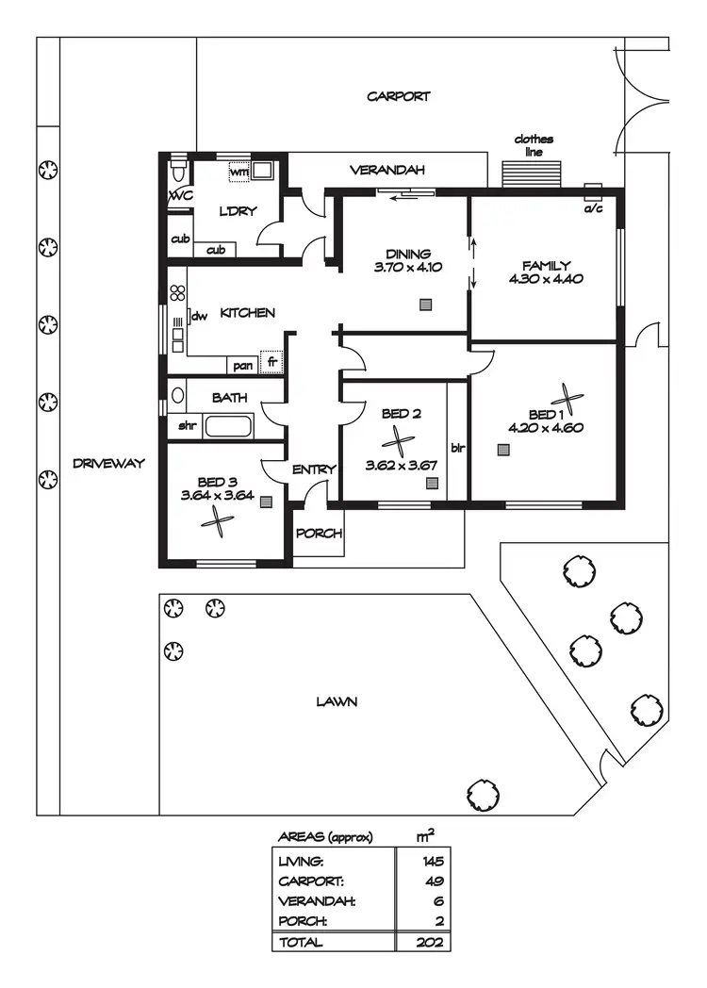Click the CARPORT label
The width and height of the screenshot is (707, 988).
tap(398, 96)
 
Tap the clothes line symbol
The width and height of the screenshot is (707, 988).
tap(534, 173)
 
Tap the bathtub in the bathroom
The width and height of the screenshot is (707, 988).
tap(228, 425)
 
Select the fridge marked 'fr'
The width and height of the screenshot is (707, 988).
tap(271, 363)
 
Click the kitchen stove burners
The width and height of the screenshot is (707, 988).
tap(176, 292)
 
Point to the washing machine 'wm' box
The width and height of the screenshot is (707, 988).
tap(239, 173)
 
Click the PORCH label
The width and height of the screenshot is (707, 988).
tap(318, 534)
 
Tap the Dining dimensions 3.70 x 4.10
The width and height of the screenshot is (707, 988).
tap(408, 267)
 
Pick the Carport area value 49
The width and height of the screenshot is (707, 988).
tap(433, 881)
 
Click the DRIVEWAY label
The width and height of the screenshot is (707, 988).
tap(109, 463)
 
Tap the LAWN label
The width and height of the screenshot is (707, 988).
tap(337, 701)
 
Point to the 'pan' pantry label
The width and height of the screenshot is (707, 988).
tap(242, 365)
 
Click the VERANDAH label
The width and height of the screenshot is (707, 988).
tap(387, 171)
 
